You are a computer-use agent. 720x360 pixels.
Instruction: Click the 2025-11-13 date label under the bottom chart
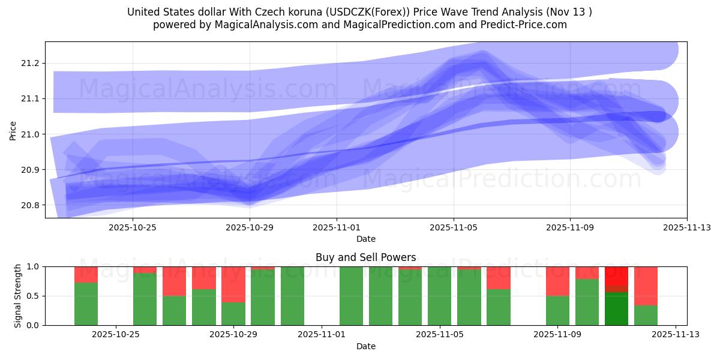[676, 335]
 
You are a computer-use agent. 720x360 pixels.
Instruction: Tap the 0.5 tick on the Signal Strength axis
[31, 296]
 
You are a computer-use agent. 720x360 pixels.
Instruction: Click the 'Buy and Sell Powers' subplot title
[365, 257]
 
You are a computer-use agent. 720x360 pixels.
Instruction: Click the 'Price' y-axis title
[13, 130]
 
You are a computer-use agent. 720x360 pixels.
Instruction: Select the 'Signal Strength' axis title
[18, 296]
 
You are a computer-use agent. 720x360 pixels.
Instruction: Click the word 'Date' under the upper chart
[365, 239]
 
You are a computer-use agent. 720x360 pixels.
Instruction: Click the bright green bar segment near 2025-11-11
[616, 308]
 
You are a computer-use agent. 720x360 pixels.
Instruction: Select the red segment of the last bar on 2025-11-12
[646, 286]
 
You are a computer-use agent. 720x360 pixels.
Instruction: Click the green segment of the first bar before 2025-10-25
[86, 304]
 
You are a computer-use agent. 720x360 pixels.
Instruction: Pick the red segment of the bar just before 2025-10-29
[233, 284]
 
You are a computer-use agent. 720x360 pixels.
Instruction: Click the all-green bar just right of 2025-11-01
[351, 296]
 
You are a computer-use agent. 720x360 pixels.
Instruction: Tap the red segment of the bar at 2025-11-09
[557, 281]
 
